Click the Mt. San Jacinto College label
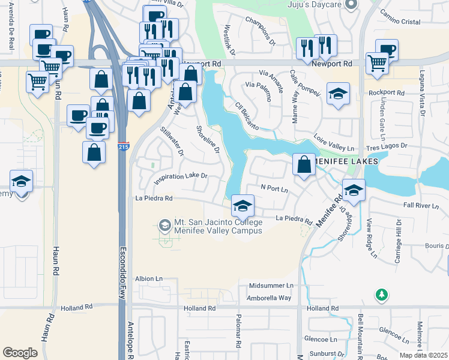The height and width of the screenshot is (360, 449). [x=218, y=226]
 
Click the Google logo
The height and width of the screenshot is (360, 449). [x=20, y=352]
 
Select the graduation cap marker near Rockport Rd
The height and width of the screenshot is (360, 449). [x=339, y=94]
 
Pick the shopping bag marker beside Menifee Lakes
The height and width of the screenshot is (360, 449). [x=304, y=165]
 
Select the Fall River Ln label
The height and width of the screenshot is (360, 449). [x=422, y=205]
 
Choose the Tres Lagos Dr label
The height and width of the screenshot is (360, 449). [x=387, y=146]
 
